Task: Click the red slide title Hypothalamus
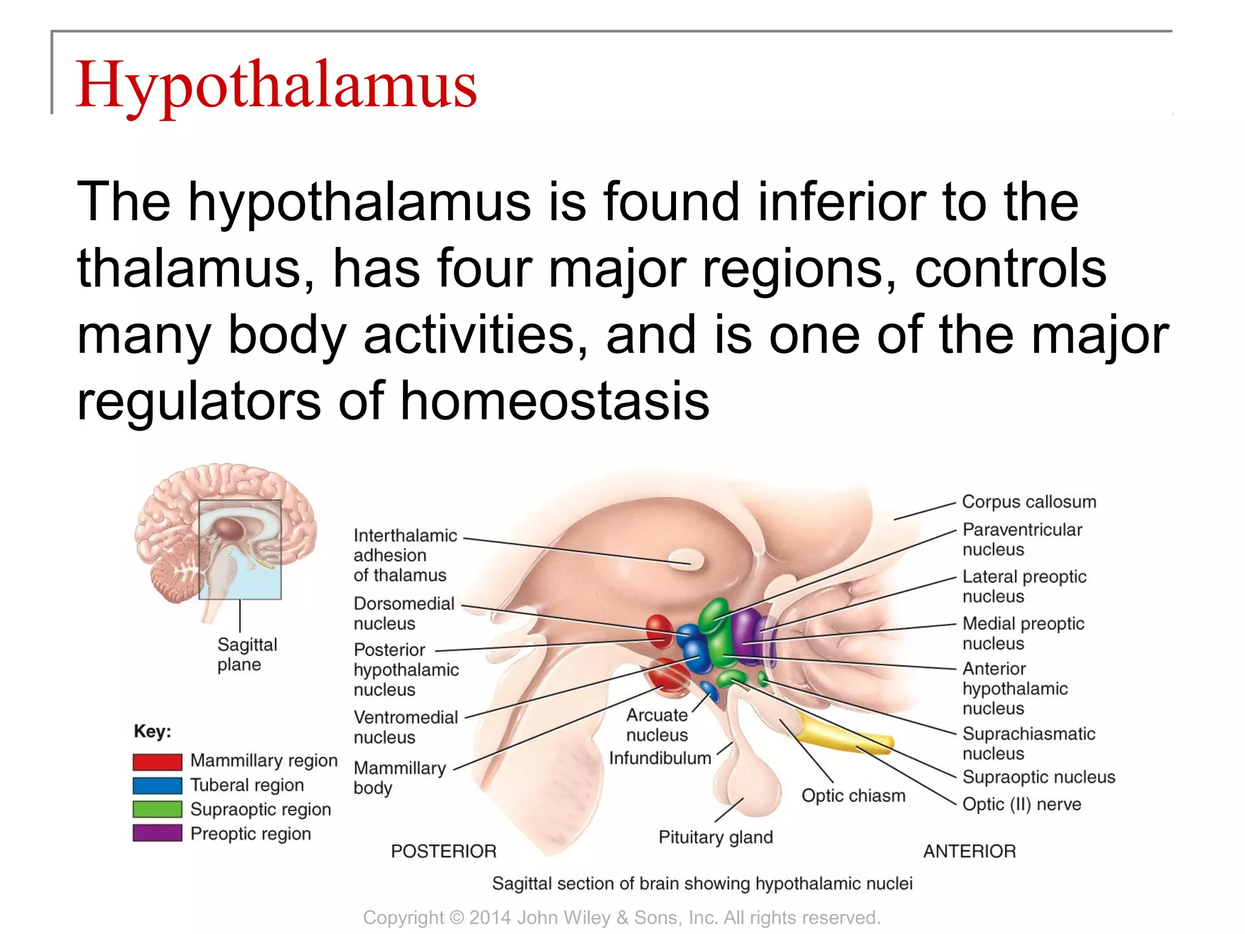277,85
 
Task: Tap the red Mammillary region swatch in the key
157,761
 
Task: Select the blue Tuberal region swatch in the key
157,786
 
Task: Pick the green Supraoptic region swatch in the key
157,809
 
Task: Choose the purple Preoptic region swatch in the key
157,833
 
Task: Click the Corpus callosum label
1029,502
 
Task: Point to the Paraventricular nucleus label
1022,539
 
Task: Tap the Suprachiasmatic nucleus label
1029,743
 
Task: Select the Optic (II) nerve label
1022,804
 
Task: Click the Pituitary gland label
716,837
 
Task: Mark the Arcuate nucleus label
657,725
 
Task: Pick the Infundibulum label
660,758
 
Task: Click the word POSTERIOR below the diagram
444,851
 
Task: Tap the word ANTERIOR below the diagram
970,851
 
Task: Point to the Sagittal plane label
247,654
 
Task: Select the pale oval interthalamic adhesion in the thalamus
685,559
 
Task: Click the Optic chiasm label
854,795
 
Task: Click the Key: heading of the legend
153,731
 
